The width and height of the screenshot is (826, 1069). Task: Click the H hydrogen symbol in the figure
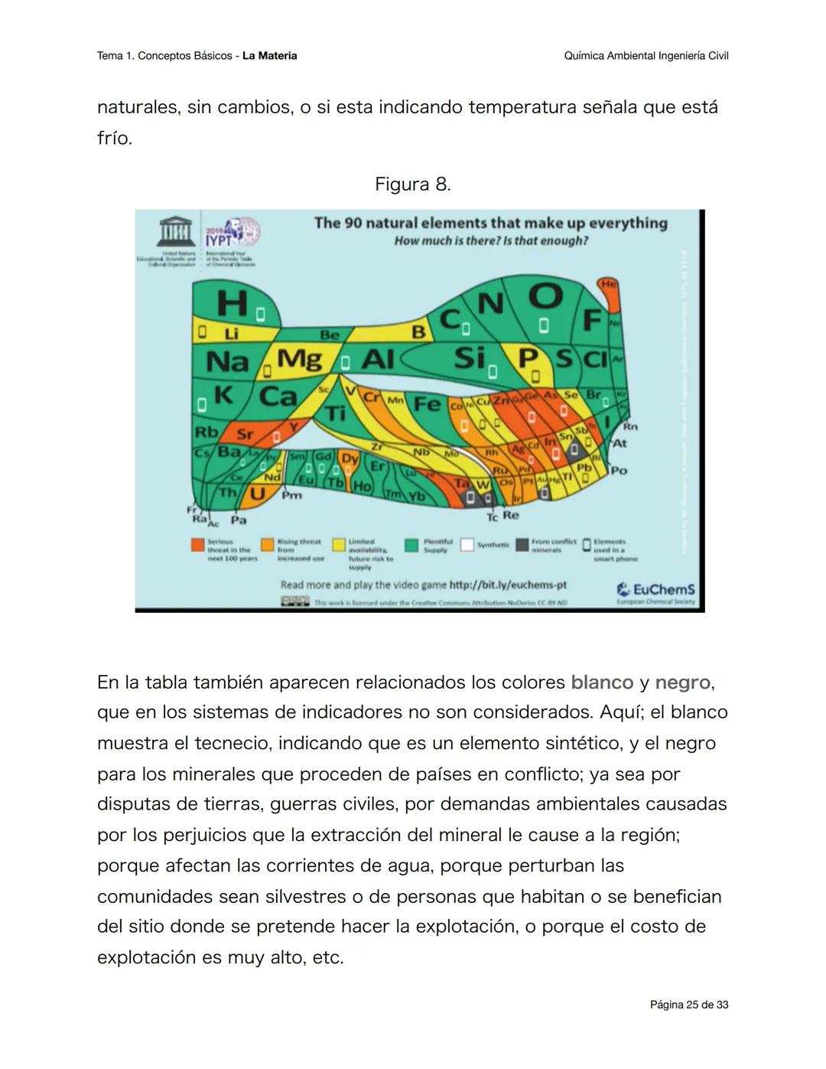click(x=232, y=303)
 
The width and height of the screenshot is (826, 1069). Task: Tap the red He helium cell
click(x=608, y=284)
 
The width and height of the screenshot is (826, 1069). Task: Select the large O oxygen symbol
click(x=545, y=295)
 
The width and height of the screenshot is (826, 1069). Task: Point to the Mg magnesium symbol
click(x=299, y=359)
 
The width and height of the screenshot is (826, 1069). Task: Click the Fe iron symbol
click(x=427, y=403)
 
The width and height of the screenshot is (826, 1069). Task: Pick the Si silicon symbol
click(x=469, y=357)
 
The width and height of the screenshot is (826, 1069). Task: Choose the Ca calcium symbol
click(x=278, y=396)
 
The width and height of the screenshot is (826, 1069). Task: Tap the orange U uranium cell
click(x=257, y=494)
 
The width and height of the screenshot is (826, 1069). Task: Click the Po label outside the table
click(x=619, y=471)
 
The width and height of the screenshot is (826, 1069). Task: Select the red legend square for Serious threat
click(x=197, y=545)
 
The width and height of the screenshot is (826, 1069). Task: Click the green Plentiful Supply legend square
click(x=411, y=545)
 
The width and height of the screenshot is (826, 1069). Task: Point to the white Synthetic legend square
click(x=467, y=545)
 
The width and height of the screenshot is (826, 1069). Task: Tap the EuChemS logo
click(x=655, y=591)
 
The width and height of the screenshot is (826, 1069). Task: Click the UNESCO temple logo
click(x=175, y=232)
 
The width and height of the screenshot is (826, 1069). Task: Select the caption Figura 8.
click(x=412, y=184)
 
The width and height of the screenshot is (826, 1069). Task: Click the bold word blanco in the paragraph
click(x=602, y=683)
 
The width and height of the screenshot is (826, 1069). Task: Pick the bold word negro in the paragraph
click(x=682, y=683)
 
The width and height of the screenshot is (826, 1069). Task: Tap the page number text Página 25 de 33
click(x=688, y=1005)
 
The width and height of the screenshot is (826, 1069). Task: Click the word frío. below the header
click(x=115, y=139)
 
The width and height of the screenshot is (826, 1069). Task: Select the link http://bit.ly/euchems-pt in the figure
click(x=508, y=585)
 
